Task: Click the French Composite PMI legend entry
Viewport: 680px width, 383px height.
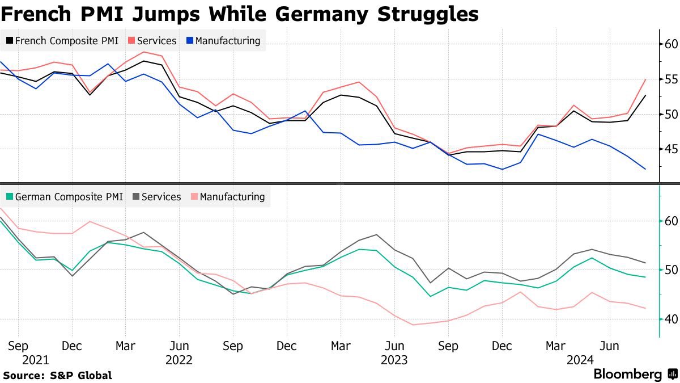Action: coord(62,41)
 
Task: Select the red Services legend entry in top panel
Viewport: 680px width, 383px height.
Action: coord(152,41)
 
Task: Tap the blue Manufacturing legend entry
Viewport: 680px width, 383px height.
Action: coord(222,41)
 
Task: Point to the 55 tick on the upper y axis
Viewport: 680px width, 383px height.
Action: coord(671,79)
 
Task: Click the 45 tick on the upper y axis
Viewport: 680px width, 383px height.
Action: coord(671,149)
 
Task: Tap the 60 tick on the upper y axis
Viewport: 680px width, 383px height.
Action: coord(671,44)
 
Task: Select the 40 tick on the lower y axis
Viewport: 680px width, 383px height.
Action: coord(671,319)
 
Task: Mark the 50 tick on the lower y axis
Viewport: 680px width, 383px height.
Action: coord(671,270)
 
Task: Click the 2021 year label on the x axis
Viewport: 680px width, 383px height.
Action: coord(36,360)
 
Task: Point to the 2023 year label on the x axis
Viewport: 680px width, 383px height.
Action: coord(394,360)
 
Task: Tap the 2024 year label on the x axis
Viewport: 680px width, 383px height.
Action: coord(580,360)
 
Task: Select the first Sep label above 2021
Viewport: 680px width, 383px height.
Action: coord(18,346)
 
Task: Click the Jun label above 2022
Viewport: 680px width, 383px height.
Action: coord(179,346)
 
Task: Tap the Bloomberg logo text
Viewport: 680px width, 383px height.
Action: coord(627,374)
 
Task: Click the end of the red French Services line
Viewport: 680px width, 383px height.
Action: coord(645,79)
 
